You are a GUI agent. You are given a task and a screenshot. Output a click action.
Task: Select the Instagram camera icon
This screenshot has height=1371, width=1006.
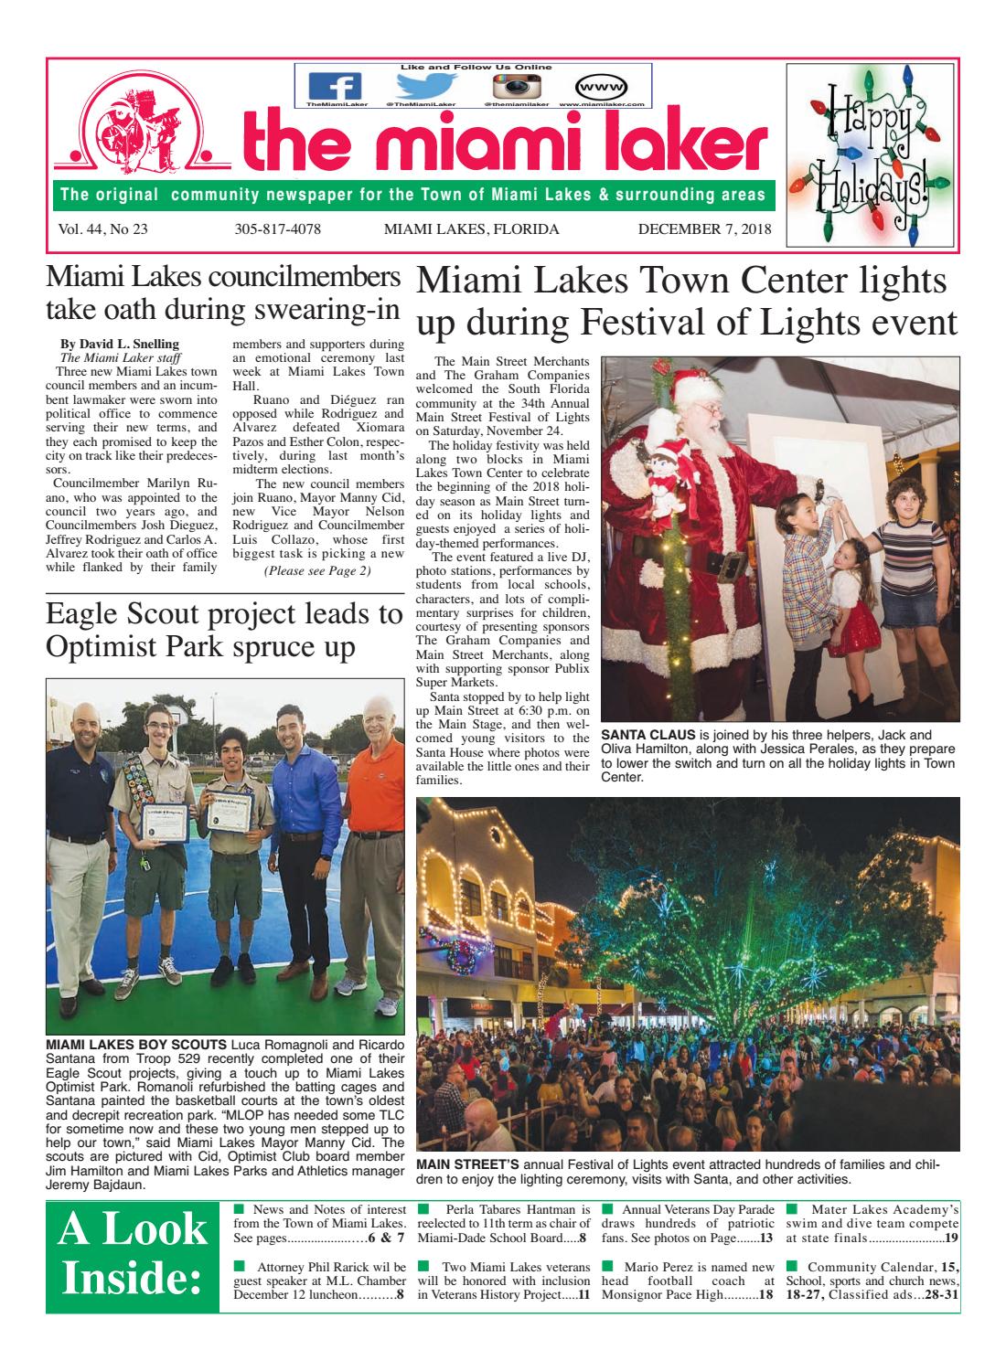coord(517,87)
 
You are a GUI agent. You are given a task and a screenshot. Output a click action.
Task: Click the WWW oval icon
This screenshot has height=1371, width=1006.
coord(602,87)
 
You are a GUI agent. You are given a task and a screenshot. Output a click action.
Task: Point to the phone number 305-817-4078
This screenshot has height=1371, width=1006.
coord(277,228)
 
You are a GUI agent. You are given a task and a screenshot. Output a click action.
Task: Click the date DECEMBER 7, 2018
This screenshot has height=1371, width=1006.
coord(704,228)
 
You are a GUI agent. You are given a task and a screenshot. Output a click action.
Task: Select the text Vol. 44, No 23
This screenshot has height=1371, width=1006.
coord(102,228)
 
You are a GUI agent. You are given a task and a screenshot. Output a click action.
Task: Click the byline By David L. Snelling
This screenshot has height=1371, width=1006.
coord(119,344)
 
